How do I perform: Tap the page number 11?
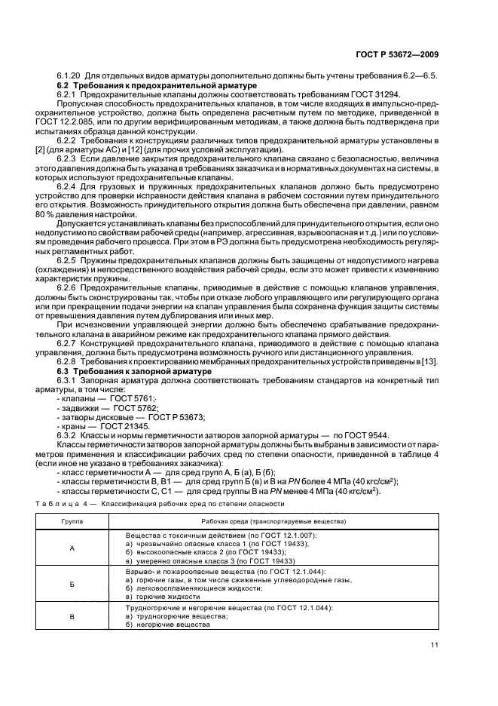click(435, 644)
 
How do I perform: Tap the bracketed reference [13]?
click(429, 363)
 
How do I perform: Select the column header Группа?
click(73, 520)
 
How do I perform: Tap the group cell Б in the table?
click(73, 584)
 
